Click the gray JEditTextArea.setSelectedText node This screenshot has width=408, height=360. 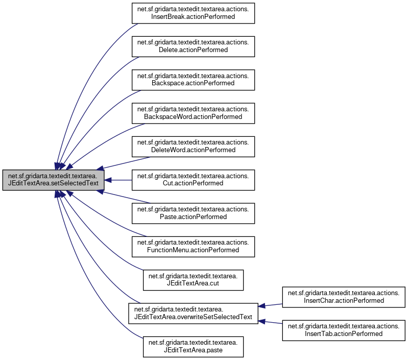click(x=54, y=180)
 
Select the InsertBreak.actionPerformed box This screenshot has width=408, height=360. click(x=194, y=13)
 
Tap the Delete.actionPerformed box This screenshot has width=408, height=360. click(x=194, y=46)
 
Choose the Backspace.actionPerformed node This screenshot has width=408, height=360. click(x=194, y=79)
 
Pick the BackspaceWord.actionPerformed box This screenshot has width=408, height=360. click(x=194, y=113)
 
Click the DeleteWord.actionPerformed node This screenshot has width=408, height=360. click(x=194, y=146)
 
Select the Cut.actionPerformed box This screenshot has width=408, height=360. click(x=194, y=179)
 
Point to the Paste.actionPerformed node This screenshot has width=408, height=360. click(x=194, y=212)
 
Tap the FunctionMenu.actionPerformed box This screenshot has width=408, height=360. click(x=194, y=246)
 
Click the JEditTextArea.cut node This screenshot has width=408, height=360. click(x=194, y=279)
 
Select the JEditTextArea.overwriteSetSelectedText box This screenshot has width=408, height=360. click(x=194, y=313)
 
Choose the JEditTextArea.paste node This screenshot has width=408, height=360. click(x=194, y=346)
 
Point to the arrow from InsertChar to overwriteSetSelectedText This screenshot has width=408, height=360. click(x=271, y=305)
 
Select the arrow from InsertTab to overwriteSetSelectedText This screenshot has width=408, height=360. click(x=271, y=321)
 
